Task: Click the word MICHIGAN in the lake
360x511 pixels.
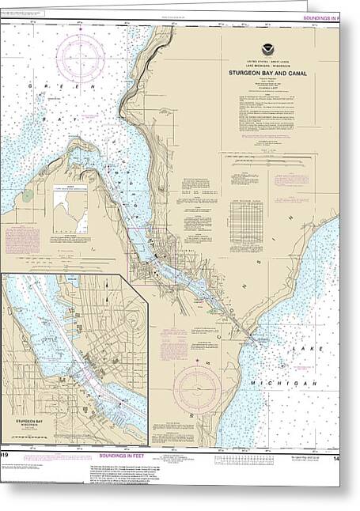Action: [297, 383]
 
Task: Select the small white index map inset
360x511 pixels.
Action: [73, 209]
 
